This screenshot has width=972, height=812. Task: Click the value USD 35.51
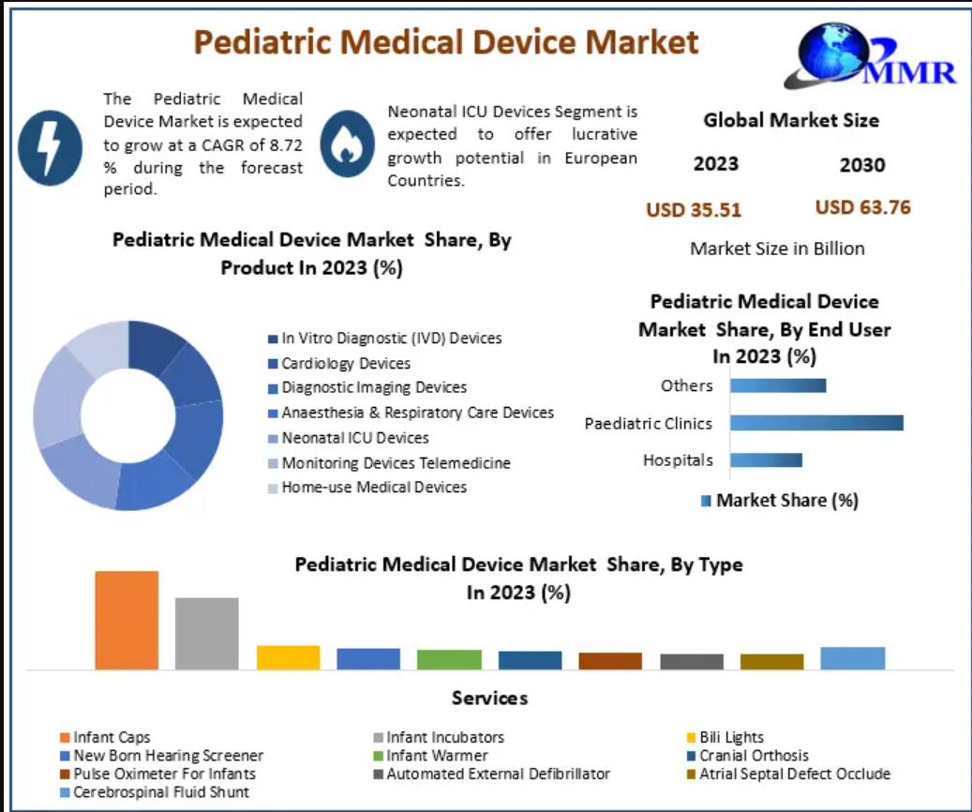click(693, 210)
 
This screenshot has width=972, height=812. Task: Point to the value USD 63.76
click(862, 207)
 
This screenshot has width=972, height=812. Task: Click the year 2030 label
click(861, 165)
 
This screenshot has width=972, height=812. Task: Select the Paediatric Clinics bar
click(816, 423)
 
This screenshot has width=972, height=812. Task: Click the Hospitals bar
click(766, 459)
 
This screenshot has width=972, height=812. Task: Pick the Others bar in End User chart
click(778, 385)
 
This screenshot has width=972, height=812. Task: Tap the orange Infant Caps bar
click(127, 620)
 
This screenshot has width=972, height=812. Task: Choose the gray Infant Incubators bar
click(207, 633)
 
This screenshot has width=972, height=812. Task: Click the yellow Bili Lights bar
click(288, 656)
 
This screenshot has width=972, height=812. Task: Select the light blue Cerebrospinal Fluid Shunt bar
click(852, 657)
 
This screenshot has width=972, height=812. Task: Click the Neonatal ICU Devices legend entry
click(354, 438)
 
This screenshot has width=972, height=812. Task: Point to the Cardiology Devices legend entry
click(345, 363)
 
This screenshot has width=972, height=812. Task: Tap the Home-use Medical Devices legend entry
click(373, 487)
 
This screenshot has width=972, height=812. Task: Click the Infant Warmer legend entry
click(436, 755)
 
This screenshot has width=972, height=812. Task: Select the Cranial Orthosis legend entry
click(753, 755)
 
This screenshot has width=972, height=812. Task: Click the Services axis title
click(489, 698)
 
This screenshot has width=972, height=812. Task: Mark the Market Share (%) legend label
click(786, 500)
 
